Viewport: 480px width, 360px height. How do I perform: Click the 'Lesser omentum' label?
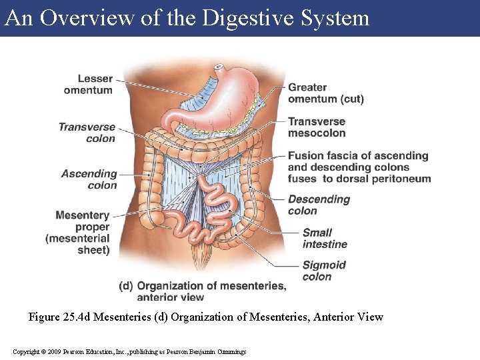(88, 85)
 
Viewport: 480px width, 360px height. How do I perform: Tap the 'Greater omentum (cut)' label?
(325, 93)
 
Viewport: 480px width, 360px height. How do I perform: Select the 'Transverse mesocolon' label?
(317, 127)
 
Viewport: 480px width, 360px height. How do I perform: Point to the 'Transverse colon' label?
(87, 133)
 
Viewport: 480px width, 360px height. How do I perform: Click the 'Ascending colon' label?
(89, 179)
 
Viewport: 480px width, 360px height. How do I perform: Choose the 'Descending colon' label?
(319, 205)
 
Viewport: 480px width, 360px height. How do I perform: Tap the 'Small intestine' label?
(325, 238)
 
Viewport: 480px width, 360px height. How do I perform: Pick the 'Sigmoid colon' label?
(324, 271)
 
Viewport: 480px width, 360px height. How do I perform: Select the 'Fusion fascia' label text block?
(359, 167)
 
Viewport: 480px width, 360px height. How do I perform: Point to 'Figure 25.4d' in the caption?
(59, 317)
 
